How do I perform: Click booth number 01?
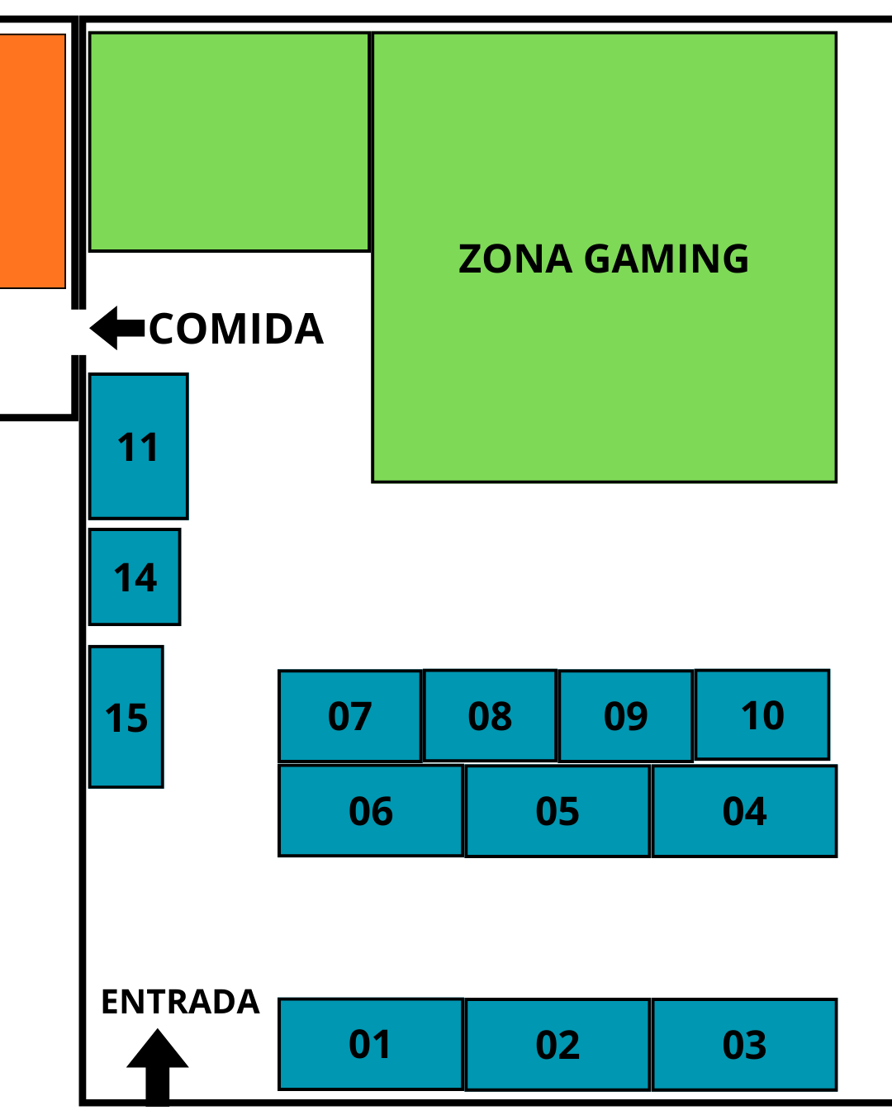point(370,1044)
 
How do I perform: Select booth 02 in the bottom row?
point(557,1045)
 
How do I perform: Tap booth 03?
point(744,1045)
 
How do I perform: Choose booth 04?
point(744,811)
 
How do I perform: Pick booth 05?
point(557,811)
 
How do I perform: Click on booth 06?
point(370,810)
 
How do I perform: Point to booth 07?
point(349,716)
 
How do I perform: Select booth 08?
point(490,715)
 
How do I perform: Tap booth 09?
point(625,716)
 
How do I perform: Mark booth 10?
point(762,714)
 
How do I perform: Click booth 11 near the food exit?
point(138,447)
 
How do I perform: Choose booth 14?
point(135,577)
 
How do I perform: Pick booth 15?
point(126,717)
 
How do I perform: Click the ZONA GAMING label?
point(604,259)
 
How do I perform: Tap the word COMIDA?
point(236,329)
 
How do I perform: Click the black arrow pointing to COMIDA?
point(116,328)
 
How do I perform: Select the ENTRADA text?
point(180,1002)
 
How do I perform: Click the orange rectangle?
point(31,161)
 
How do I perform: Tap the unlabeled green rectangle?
point(229,141)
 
